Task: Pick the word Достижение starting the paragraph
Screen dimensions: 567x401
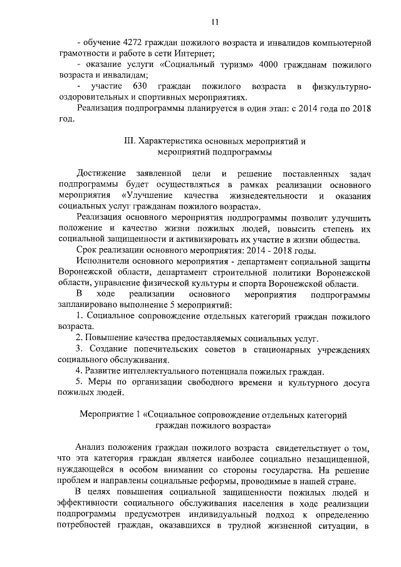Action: [98, 173]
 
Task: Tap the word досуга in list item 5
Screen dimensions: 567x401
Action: [358, 381]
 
